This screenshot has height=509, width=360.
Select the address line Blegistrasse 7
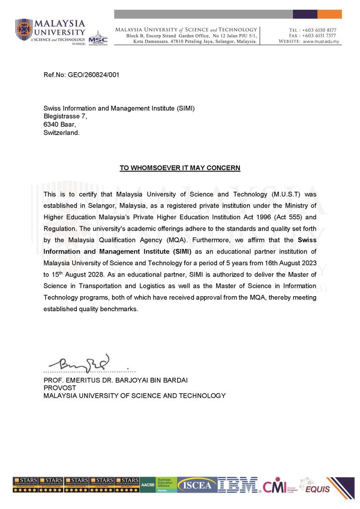(x=65, y=116)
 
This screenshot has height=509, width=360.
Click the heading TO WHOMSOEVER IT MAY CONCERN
(x=180, y=168)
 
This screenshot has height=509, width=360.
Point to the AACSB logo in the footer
(x=147, y=485)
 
